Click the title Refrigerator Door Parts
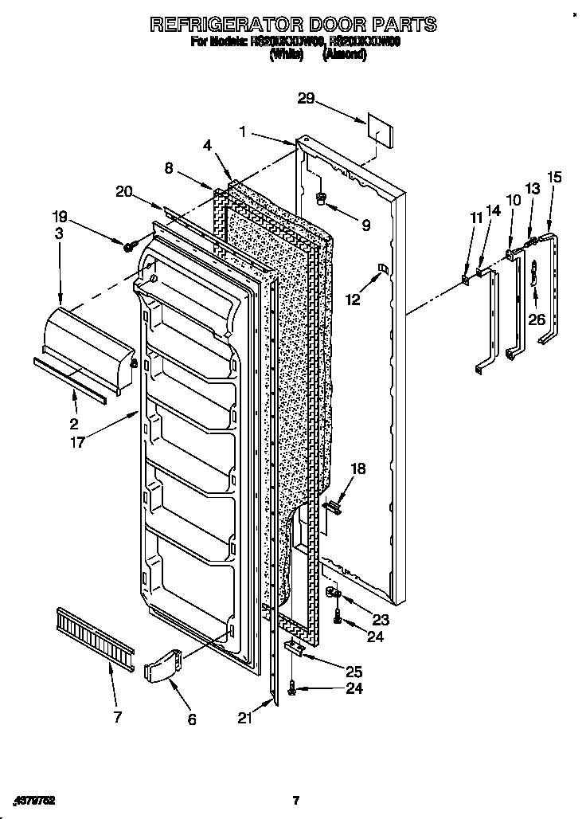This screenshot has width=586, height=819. coord(293,24)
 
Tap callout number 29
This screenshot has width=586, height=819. coord(307,100)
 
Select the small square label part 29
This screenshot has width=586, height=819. coord(379,129)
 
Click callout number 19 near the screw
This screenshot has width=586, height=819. coord(61,215)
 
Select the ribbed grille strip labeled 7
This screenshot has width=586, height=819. coord(93,633)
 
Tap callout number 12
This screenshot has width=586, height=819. coord(353,300)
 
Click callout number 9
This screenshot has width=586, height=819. coord(365,225)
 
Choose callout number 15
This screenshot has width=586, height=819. coord(554,177)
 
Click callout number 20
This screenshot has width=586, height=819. coord(123,191)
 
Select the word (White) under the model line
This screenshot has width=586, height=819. coord(287,55)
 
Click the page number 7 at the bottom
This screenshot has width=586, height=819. coord(295,800)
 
